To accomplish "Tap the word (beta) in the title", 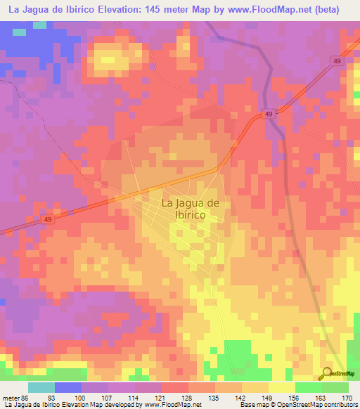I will click(x=328, y=10).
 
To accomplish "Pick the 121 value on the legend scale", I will click(x=162, y=397).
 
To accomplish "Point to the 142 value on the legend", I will click(x=242, y=397).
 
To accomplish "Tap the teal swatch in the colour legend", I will click(x=41, y=387).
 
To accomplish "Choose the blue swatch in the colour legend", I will click(x=68, y=387).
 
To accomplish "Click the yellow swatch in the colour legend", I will click(x=282, y=387).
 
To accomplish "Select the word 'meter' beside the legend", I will click(x=10, y=397).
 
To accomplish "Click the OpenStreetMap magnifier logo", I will click(x=326, y=374).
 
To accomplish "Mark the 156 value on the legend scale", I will click(x=295, y=397).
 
